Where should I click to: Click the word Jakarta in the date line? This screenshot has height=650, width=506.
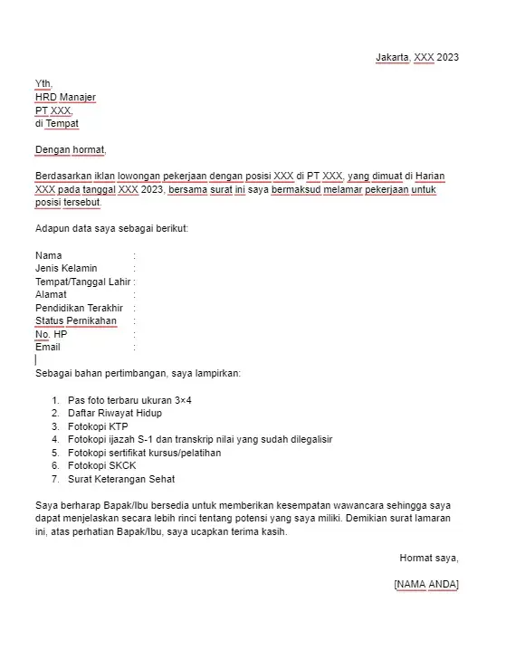(x=393, y=57)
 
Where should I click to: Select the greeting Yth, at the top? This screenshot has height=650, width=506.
(x=44, y=83)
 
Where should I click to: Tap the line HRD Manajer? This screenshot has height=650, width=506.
(x=65, y=97)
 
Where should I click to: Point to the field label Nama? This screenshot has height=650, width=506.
(x=49, y=255)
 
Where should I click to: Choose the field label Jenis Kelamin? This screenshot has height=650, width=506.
(x=66, y=268)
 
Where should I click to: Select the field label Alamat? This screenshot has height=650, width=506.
(x=51, y=294)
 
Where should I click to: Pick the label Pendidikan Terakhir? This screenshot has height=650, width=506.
(x=79, y=308)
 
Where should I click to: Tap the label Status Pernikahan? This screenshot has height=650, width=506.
(x=76, y=320)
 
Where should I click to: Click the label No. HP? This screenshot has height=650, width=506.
(x=52, y=334)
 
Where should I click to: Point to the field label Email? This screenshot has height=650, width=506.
(x=48, y=347)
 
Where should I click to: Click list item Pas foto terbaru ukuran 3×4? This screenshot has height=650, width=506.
(x=129, y=399)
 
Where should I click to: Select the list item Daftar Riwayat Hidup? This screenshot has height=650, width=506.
(x=115, y=413)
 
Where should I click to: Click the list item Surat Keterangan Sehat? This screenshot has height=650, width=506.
(x=121, y=479)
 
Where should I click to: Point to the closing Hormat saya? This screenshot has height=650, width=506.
(x=429, y=557)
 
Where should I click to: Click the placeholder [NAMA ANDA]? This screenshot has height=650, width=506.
(x=426, y=584)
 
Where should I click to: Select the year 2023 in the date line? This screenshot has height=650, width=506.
(x=448, y=57)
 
